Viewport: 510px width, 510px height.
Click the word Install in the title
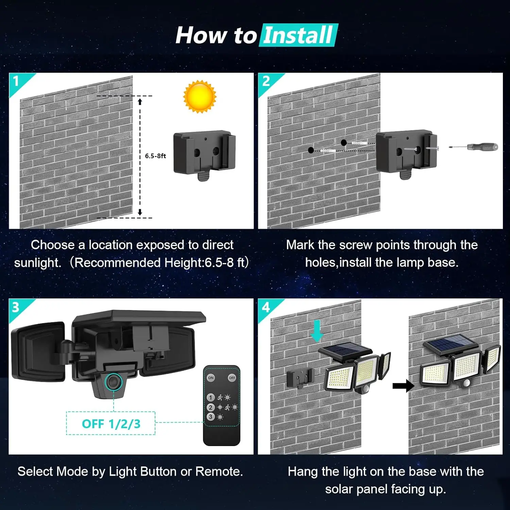pos(298,35)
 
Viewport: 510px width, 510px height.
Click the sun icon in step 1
pos(200,96)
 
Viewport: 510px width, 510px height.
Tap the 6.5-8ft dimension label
pos(155,156)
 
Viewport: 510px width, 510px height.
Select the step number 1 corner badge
pos(16,81)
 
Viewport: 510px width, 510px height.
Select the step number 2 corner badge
pos(266,81)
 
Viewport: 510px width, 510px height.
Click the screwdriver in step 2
pos(474,147)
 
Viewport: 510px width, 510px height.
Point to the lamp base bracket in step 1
pos(204,153)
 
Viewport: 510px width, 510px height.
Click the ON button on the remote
pos(211,378)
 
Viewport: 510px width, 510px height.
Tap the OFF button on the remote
pos(232,378)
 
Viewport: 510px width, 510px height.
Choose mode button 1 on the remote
pos(210,397)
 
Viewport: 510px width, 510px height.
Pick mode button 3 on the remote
pos(210,417)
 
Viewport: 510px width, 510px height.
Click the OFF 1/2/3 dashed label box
pos(111,424)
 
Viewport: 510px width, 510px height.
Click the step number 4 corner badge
pos(266,307)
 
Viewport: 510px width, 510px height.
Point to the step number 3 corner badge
pos(16,307)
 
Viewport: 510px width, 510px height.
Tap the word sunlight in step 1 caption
pos(37,263)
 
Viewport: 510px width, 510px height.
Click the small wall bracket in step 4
pos(300,378)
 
